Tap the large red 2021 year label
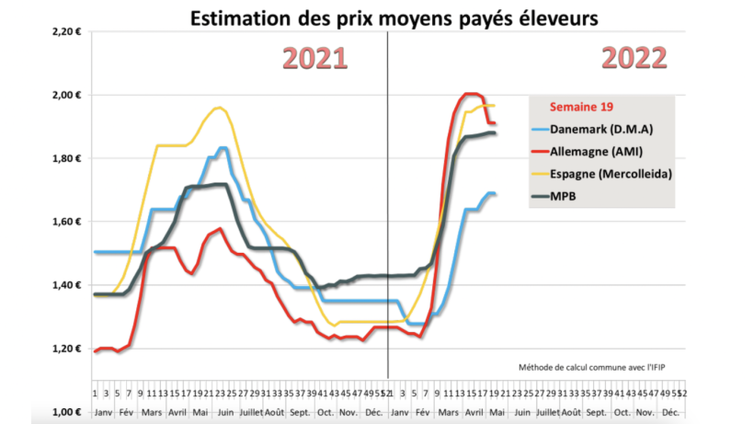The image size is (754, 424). click(x=314, y=58)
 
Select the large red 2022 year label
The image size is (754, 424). click(x=634, y=58)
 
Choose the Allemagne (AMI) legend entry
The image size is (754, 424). click(x=598, y=151)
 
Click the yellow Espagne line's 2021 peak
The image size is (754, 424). click(x=218, y=108)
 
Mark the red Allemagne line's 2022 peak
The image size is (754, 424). click(x=471, y=94)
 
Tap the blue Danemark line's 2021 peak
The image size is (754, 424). click(x=223, y=148)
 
